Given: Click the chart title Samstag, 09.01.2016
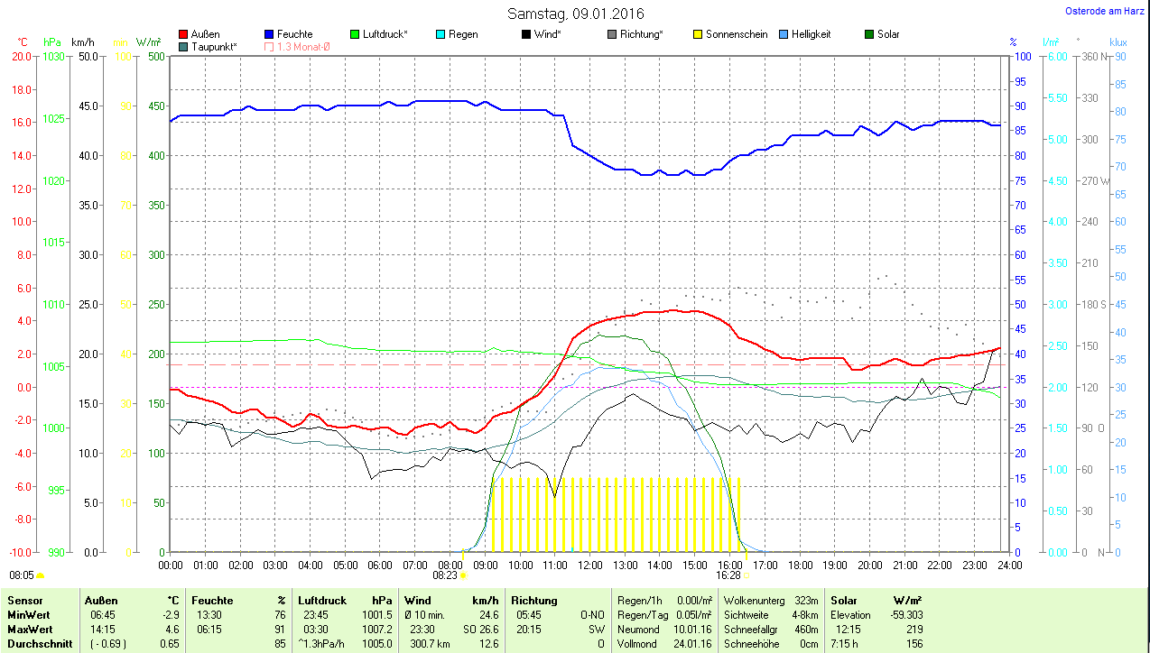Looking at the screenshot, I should [575, 14].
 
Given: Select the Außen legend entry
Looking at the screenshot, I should [206, 34].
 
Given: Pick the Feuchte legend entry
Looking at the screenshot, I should [294, 34].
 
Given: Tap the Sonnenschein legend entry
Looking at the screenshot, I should [737, 34].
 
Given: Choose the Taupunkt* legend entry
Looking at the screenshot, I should [214, 46].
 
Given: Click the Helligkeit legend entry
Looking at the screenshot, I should [811, 34].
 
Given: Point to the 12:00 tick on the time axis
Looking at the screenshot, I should [590, 566].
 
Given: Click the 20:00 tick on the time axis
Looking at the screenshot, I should [870, 566].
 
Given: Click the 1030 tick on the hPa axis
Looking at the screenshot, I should [54, 56].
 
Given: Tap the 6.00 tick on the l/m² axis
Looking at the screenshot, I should [1055, 56].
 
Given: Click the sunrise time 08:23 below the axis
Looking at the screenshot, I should [445, 575].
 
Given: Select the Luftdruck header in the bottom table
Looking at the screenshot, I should [322, 601].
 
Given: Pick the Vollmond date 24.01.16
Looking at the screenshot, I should [692, 644].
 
